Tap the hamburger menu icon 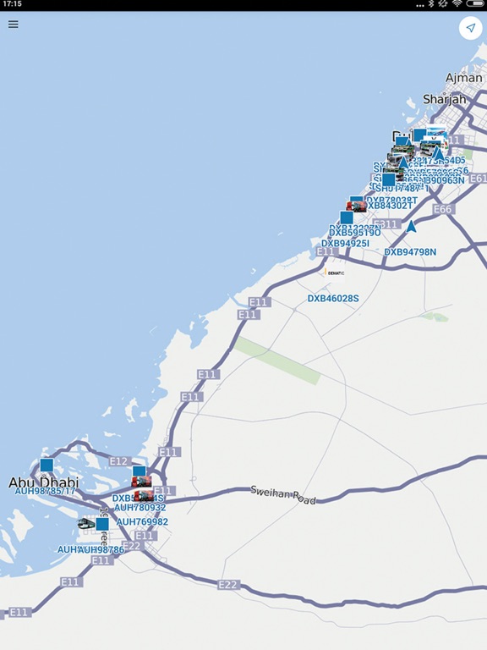13,24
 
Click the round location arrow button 470,28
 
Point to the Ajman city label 463,78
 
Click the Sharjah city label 445,99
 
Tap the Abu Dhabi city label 43,482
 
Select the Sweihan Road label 283,494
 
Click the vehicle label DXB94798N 410,251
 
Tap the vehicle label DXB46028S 333,299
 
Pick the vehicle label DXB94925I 345,244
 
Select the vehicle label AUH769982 142,522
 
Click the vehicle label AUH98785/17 45,492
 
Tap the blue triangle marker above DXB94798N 411,227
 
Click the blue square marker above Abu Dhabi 47,465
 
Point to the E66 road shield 442,209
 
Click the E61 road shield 478,179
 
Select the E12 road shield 118,461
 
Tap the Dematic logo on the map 333,273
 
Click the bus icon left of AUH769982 85,524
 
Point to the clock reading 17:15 12,4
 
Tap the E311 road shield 386,224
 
